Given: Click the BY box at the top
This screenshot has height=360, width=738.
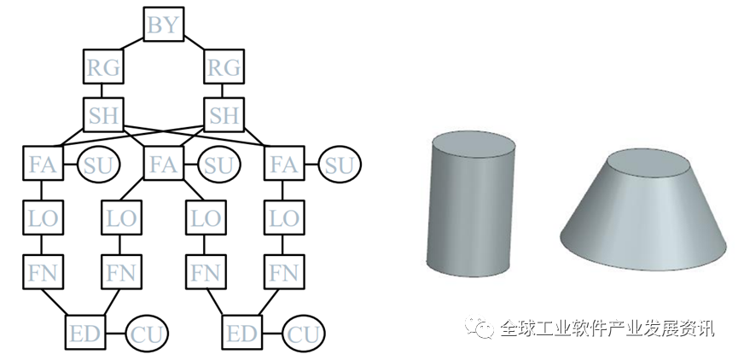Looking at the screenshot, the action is pos(164,25).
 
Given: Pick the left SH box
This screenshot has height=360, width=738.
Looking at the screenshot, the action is pos(104,114).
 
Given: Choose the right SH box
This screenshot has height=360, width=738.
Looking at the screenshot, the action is pos(225,114).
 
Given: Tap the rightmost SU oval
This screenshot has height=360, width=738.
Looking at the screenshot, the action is pos(340,164).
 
